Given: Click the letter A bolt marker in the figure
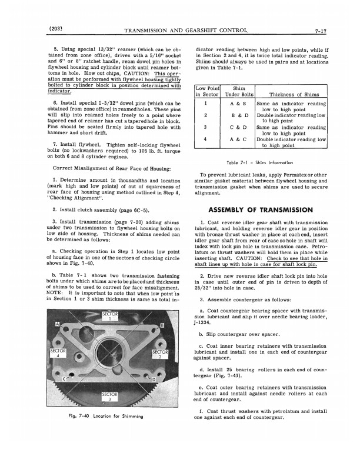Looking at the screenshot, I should tap(57, 324).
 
